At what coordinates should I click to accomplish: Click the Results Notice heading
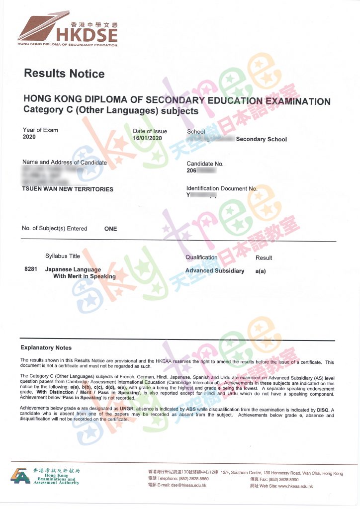(64, 74)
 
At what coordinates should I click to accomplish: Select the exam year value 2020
(29, 137)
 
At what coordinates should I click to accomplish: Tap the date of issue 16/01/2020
(148, 138)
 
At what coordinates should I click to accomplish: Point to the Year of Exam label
(40, 130)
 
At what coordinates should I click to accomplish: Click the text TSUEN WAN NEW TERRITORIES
(68, 189)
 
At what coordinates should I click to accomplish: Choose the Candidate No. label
(205, 164)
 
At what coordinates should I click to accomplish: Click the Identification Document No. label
(222, 189)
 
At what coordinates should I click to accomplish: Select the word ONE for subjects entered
(110, 229)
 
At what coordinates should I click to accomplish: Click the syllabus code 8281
(31, 269)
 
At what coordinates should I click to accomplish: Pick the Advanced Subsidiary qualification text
(215, 271)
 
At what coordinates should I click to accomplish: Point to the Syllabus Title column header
(63, 256)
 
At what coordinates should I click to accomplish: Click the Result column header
(264, 258)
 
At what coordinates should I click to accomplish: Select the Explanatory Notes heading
(46, 348)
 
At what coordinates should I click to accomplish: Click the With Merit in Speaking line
(84, 276)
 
